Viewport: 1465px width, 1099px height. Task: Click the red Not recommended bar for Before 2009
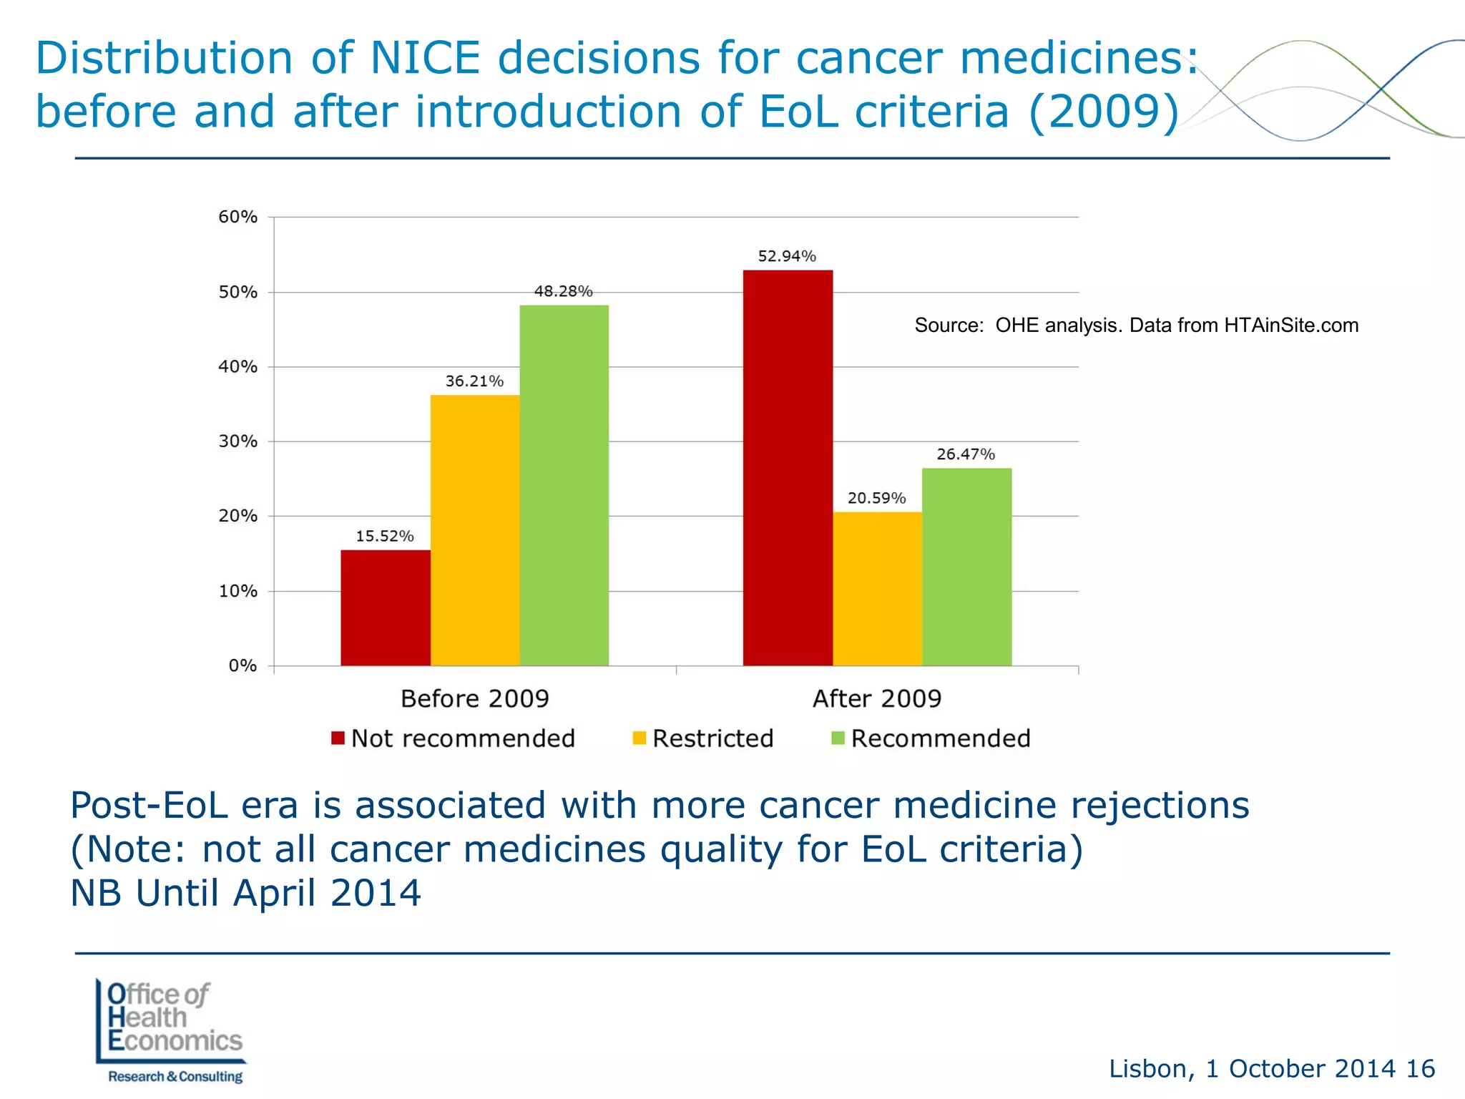coord(385,607)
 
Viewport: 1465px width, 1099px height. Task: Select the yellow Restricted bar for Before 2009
coord(474,530)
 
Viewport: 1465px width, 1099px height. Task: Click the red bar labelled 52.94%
coord(788,468)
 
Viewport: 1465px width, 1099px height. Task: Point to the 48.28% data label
coord(563,291)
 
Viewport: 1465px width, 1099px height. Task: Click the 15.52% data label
coord(385,536)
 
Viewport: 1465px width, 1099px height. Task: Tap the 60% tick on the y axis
coord(237,217)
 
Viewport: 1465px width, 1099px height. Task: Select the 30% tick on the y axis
coord(237,441)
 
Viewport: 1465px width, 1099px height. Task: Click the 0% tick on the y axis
coord(242,666)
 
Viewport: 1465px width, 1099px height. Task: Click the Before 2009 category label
coord(474,698)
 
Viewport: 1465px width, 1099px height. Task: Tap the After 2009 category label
coord(877,698)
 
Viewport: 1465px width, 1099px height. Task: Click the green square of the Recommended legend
coord(838,738)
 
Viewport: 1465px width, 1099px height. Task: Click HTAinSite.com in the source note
coord(1290,326)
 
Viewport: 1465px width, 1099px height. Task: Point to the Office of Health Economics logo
coord(172,1030)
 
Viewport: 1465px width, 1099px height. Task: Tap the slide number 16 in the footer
coord(1420,1068)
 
